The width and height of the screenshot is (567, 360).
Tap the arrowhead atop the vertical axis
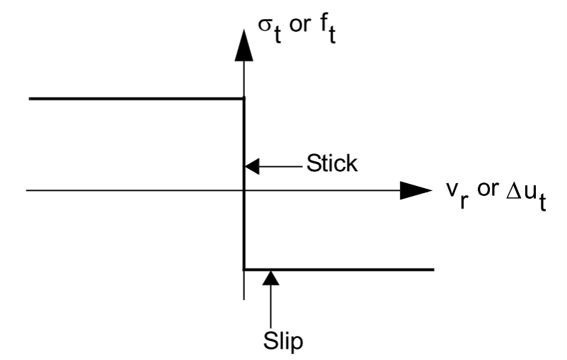(244, 44)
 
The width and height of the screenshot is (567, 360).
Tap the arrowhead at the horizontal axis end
(416, 190)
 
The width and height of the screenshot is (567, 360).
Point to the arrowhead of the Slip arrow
(271, 278)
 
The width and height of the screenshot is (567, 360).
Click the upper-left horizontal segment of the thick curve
(134, 98)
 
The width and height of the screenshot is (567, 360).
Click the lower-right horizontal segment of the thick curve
(340, 269)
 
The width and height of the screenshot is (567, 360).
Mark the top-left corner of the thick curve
(244, 98)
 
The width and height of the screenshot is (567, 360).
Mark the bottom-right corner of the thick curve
(244, 269)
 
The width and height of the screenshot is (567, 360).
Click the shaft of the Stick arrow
(283, 167)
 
